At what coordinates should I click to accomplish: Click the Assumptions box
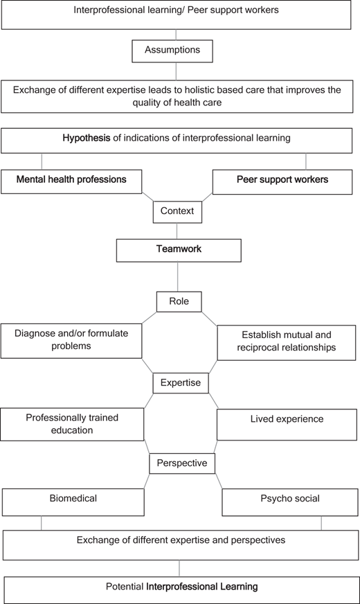172,51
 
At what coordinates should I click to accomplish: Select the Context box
177,212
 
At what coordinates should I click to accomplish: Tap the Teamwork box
179,250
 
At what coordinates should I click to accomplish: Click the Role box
179,301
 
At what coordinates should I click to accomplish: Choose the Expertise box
181,383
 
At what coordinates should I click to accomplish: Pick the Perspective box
182,463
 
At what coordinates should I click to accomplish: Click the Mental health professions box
71,181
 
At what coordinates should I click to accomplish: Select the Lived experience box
287,425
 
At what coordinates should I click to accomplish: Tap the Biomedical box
73,502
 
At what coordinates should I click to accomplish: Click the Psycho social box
290,502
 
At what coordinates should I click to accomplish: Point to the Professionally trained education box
72,425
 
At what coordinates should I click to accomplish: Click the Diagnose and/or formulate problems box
71,341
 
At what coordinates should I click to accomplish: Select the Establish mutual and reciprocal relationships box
287,342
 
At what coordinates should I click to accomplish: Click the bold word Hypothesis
87,138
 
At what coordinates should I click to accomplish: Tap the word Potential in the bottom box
125,587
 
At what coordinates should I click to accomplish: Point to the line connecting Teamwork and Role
177,276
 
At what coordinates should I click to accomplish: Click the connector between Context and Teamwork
177,231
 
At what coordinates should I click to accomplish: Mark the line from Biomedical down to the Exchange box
42,523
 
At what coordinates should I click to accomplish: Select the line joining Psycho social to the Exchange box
321,523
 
